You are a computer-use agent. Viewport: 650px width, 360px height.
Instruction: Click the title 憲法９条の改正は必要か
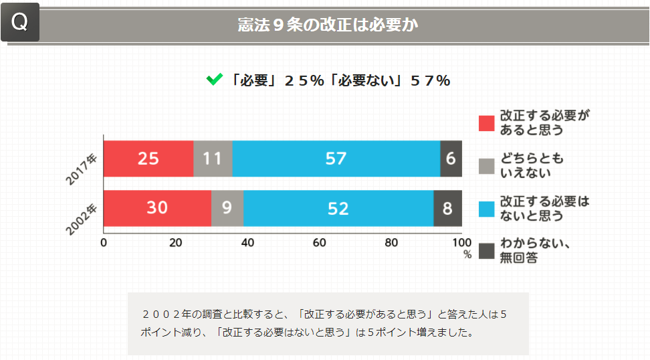(x=328, y=25)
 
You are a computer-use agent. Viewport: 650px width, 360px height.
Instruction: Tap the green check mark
(x=214, y=80)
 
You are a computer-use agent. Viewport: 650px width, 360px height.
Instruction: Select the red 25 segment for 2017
(x=148, y=159)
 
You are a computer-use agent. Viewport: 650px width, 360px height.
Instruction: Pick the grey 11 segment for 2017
(x=213, y=159)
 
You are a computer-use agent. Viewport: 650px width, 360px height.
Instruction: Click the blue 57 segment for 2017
(x=336, y=159)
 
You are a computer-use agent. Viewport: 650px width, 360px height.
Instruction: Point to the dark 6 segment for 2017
(x=451, y=159)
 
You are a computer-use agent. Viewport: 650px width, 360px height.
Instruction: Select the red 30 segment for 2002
(x=157, y=208)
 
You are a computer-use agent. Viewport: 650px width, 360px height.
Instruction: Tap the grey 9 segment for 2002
(x=227, y=208)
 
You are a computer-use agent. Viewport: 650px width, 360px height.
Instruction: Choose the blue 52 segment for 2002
(x=338, y=208)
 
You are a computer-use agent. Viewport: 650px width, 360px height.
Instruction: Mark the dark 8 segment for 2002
(x=447, y=208)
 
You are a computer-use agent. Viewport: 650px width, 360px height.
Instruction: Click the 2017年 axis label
(x=82, y=169)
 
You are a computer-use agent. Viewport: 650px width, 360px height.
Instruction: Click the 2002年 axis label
(x=82, y=219)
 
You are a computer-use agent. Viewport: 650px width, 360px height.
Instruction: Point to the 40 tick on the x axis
(x=247, y=242)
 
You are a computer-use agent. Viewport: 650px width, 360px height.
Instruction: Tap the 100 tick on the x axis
(x=462, y=242)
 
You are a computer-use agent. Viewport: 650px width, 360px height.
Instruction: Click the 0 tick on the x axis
(x=104, y=242)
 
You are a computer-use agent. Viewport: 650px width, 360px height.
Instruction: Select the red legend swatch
(x=486, y=123)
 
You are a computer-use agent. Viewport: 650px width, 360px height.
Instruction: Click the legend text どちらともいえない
(x=532, y=166)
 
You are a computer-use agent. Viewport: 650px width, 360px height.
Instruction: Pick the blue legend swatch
(x=486, y=209)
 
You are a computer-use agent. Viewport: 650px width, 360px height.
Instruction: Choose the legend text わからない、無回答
(x=535, y=250)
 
